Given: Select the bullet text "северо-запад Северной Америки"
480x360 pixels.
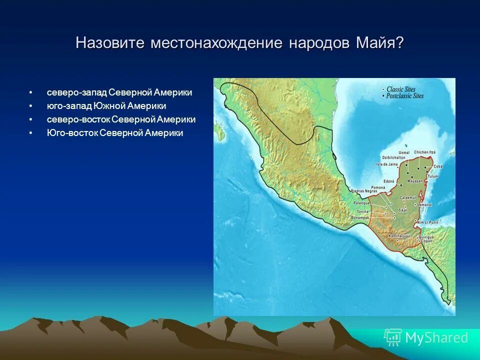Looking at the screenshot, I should [x=119, y=93].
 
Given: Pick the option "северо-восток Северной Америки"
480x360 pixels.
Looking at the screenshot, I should [x=121, y=120].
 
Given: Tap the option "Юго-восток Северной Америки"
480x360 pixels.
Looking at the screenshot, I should [x=115, y=133].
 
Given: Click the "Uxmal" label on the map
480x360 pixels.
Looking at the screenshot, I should [x=403, y=152].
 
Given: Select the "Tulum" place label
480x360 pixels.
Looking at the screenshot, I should [x=433, y=176].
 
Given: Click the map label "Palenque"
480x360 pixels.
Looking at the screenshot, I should [x=361, y=203].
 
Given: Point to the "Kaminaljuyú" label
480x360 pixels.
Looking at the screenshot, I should [x=399, y=235].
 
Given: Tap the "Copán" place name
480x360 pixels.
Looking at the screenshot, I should [x=426, y=241].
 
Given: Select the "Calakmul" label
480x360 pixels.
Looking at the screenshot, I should [x=408, y=197].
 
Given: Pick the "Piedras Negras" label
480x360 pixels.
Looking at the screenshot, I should [x=363, y=191].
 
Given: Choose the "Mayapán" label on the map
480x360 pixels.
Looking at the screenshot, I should [x=414, y=181].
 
